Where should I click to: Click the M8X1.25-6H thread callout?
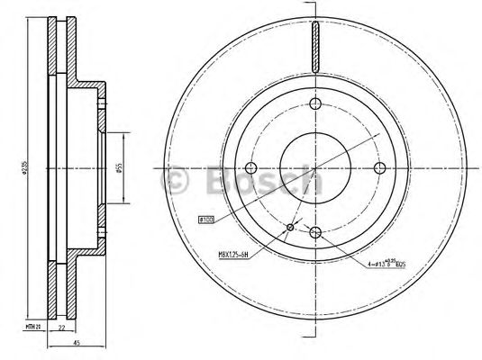click(x=236, y=256)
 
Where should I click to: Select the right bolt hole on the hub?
click(x=379, y=166)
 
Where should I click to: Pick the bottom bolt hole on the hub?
click(x=314, y=232)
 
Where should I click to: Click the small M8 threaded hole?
click(x=289, y=227)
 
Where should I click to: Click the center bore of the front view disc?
click(x=314, y=166)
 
